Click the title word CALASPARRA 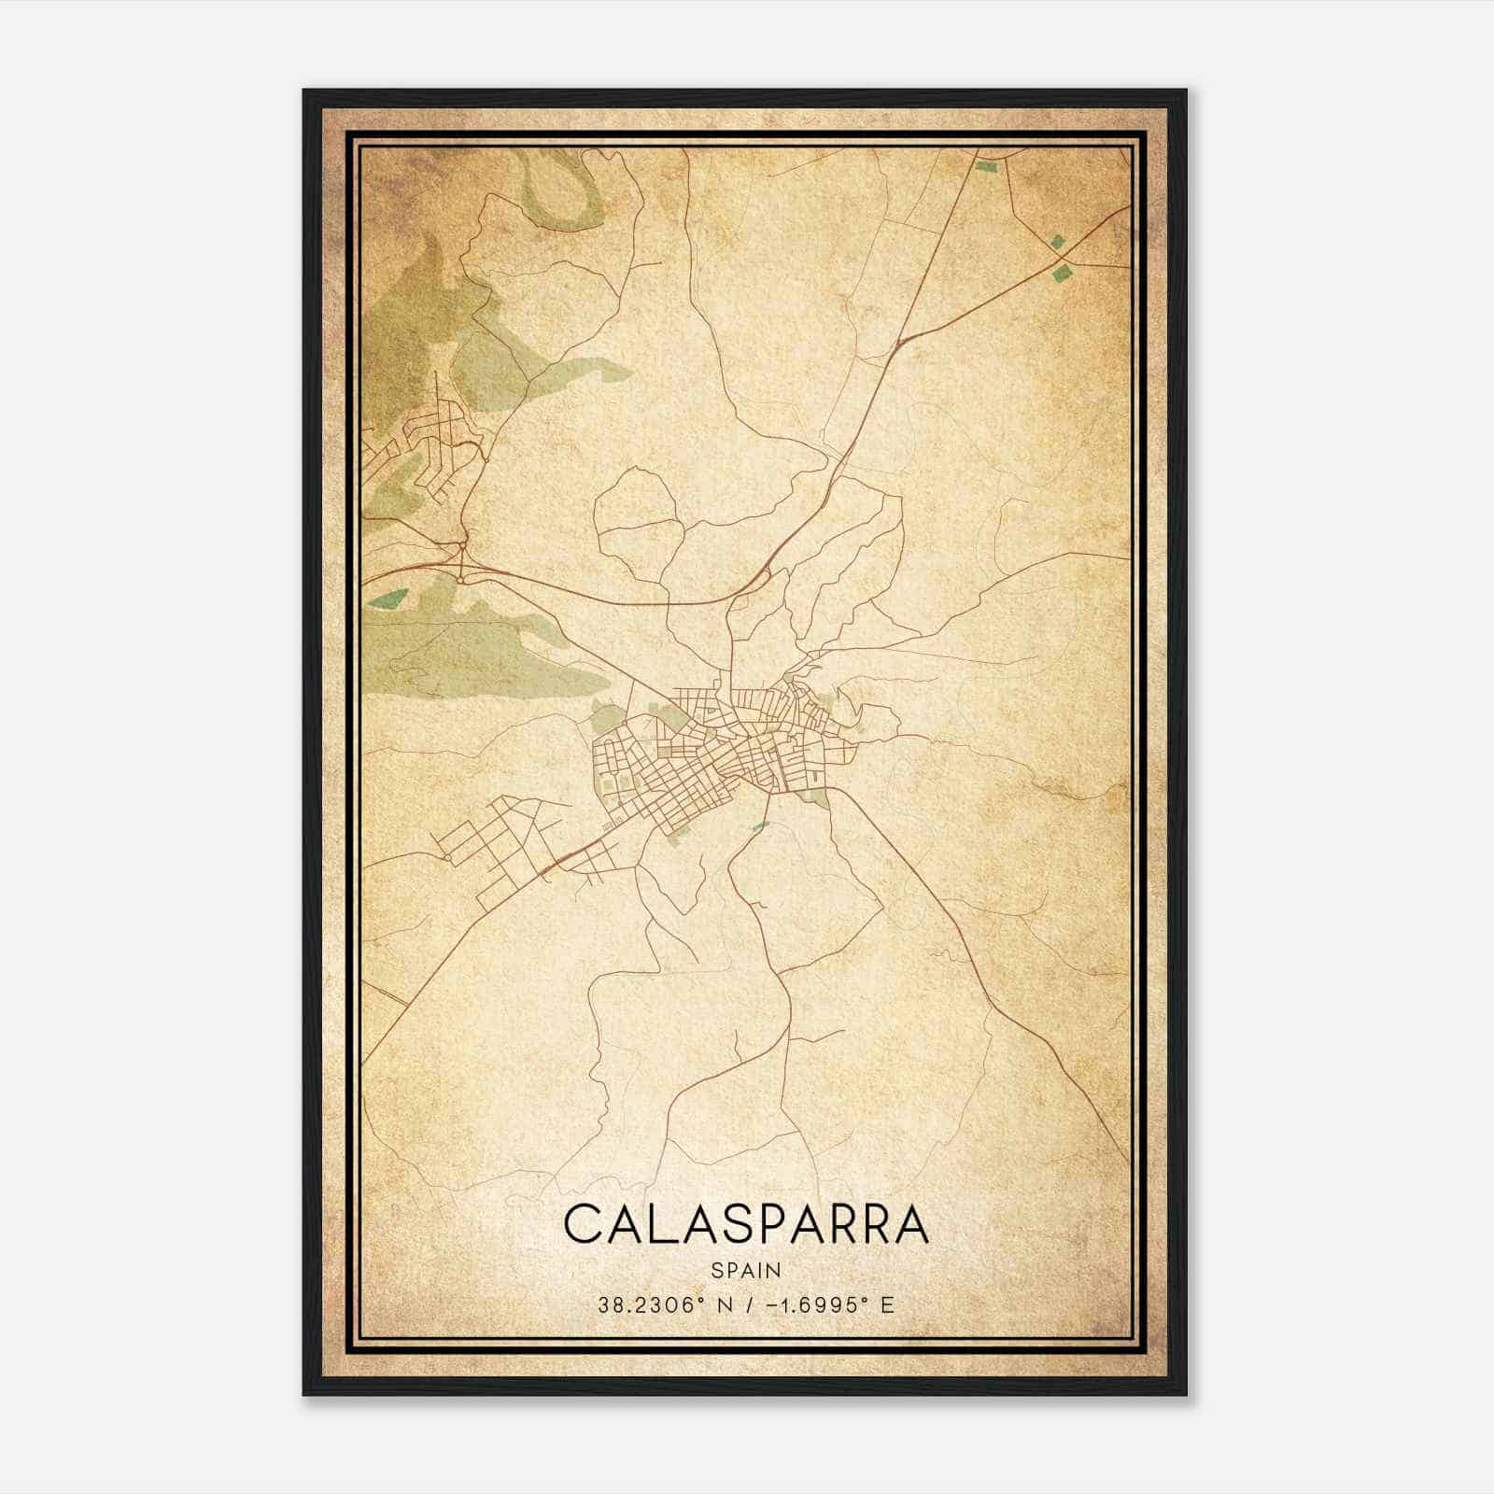746,1225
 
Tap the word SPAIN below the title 746,1270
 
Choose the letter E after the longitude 886,1304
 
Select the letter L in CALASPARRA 658,1225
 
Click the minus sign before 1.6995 771,1304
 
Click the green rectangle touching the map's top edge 986,167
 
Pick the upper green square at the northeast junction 1057,241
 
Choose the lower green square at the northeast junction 1061,274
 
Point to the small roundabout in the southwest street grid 447,856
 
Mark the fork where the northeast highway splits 896,345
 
